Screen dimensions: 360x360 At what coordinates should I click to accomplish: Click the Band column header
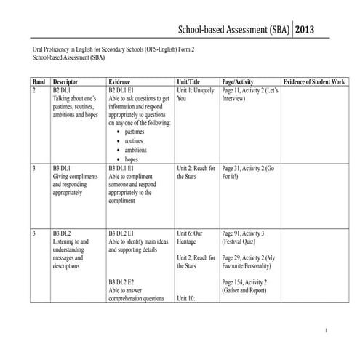click(x=39, y=82)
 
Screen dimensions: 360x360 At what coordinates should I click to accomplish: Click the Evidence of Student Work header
click(x=316, y=82)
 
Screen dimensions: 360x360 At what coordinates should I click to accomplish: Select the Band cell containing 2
click(x=35, y=92)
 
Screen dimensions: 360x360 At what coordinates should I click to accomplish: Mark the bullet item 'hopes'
click(x=132, y=159)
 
